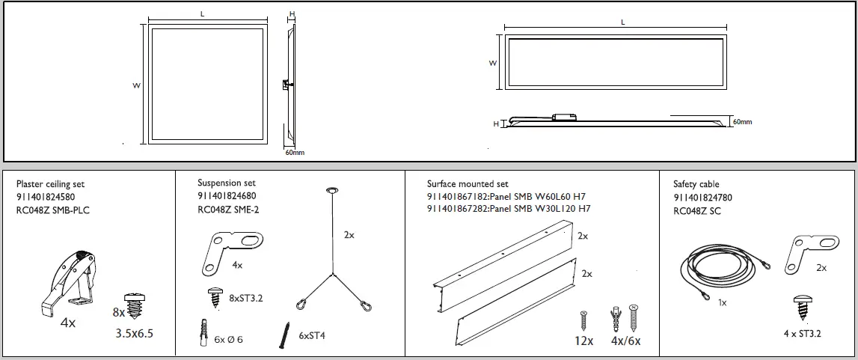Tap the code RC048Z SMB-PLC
(52, 210)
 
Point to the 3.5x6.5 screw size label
(134, 334)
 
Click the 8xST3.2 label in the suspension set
(246, 297)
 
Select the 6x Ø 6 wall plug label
(229, 339)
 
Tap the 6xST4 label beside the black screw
(312, 336)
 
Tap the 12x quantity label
(583, 341)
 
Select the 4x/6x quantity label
(626, 341)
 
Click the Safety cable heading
(696, 184)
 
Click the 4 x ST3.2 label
(800, 334)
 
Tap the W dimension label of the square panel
(137, 85)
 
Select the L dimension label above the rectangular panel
(622, 23)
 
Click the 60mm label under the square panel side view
(295, 153)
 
